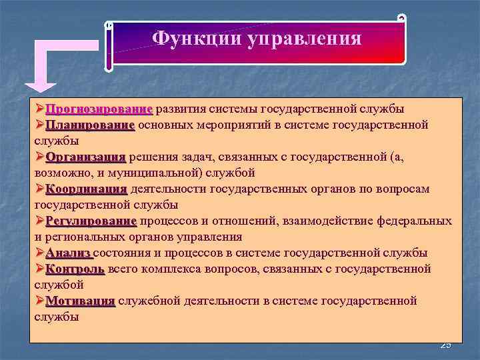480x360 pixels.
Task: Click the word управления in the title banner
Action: (x=305, y=39)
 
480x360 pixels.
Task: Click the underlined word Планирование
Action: (x=91, y=125)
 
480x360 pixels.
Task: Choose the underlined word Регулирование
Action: (x=91, y=221)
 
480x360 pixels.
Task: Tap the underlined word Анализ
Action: (x=69, y=253)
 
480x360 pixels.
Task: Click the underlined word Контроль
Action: (x=75, y=269)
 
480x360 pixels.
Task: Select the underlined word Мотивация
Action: (x=81, y=301)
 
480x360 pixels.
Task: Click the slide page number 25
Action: (x=445, y=345)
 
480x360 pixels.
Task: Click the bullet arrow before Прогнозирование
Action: (x=40, y=109)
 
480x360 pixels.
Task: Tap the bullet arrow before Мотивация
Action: (x=40, y=301)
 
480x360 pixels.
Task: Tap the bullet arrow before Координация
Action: (x=40, y=189)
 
